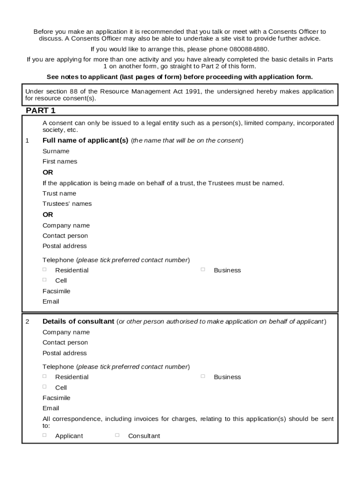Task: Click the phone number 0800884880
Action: coord(249,49)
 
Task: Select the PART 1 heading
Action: coord(41,111)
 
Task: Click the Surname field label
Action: coord(56,151)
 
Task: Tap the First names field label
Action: coord(60,161)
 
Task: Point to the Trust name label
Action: coord(59,193)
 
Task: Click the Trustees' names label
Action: coord(67,203)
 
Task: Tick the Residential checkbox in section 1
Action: coord(45,269)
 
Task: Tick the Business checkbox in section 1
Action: coord(203,269)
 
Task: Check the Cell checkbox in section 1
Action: coord(45,280)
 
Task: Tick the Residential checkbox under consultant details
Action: coord(45,376)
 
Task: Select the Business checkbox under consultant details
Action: coord(203,376)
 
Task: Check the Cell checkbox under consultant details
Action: coord(45,387)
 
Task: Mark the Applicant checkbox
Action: coord(45,435)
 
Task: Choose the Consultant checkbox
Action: coord(117,435)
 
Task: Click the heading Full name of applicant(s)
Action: coord(85,140)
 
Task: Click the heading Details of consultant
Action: coord(78,321)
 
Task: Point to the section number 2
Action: coord(27,322)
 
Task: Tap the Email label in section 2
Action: coord(50,408)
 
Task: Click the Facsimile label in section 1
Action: coord(56,291)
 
